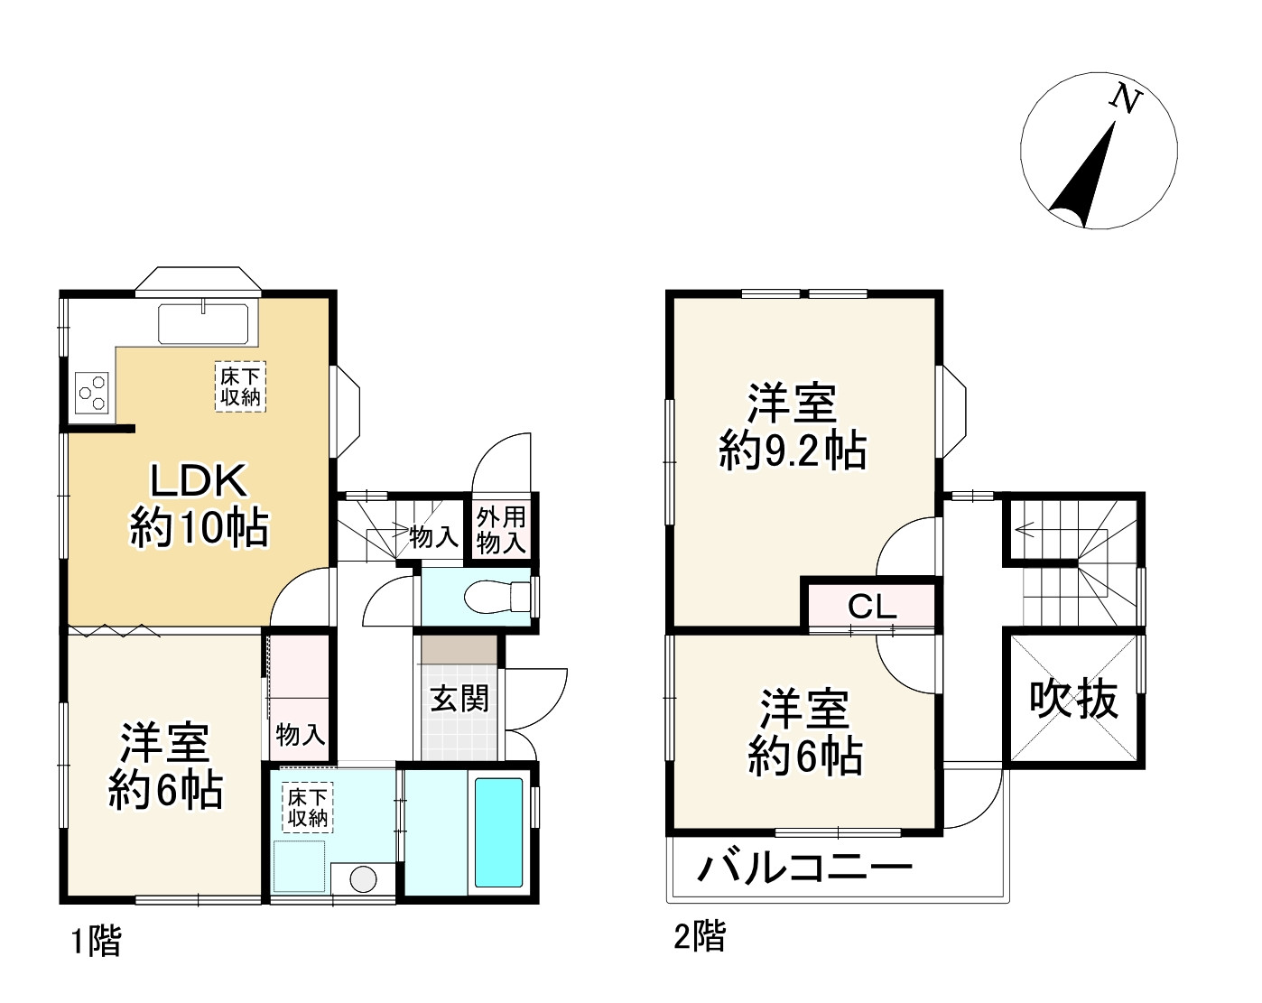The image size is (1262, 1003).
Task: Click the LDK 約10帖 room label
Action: [199, 504]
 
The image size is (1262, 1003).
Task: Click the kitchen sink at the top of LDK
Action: [204, 324]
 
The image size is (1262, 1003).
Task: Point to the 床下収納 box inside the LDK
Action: [240, 386]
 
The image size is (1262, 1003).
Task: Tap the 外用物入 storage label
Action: [501, 530]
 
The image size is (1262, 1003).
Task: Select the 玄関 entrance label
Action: [459, 698]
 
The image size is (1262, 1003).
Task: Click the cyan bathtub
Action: [498, 831]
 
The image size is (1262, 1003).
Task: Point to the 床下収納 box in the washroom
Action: [307, 807]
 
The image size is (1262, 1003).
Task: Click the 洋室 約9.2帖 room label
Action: [792, 426]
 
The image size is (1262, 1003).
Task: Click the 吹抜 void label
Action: [1073, 699]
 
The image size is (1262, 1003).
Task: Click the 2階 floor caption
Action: [699, 936]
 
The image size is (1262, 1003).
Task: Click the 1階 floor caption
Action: [96, 942]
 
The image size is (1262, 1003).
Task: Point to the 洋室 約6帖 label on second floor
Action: [804, 732]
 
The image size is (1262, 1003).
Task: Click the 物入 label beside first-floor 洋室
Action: [300, 734]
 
